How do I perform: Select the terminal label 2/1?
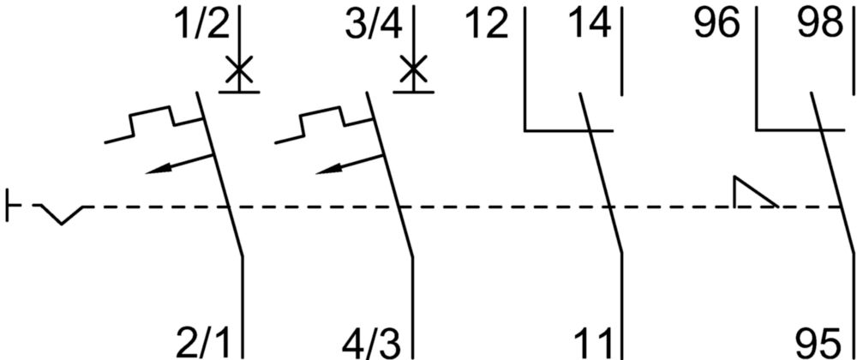click(205, 343)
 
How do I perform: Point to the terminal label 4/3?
click(372, 343)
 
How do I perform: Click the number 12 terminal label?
click(488, 25)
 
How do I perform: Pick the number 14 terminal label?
click(590, 25)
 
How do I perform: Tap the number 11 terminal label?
click(595, 343)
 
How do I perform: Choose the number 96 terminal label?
click(716, 25)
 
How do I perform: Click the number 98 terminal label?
click(817, 25)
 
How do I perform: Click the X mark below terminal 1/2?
click(239, 70)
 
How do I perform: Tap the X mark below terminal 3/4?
click(413, 70)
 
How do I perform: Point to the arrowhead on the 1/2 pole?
click(156, 171)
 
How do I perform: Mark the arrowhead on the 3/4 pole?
click(327, 171)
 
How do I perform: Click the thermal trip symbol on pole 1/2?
click(153, 124)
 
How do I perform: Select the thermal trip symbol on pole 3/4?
click(324, 124)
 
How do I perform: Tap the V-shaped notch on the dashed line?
click(62, 215)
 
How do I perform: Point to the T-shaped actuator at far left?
click(13, 206)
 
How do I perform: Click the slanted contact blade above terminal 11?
click(600, 172)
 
